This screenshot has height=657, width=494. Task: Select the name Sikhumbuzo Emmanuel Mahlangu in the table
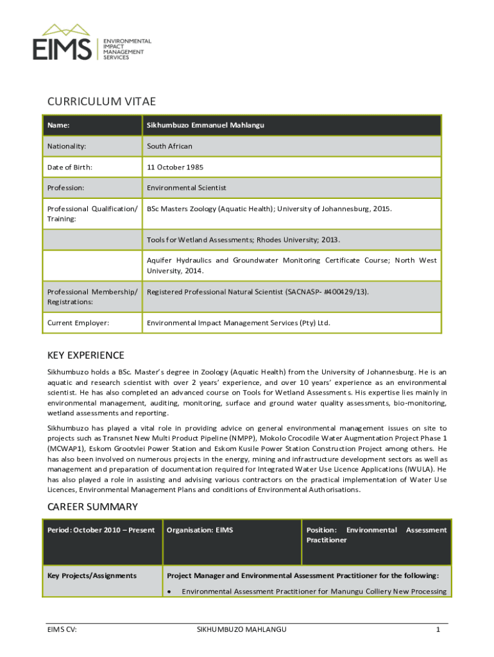pyautogui.click(x=205, y=125)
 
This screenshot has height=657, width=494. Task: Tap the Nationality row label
pyautogui.click(x=67, y=146)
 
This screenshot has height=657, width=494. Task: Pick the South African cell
pyautogui.click(x=169, y=146)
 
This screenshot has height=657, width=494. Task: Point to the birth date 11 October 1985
pyautogui.click(x=175, y=167)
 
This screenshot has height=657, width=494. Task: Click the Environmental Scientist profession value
pyautogui.click(x=187, y=188)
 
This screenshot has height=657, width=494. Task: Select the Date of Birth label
pyautogui.click(x=69, y=167)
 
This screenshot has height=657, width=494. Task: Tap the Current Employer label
pyautogui.click(x=78, y=323)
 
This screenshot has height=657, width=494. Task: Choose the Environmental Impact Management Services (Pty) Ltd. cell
pyautogui.click(x=239, y=323)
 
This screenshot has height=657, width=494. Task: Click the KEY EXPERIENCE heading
pyautogui.click(x=86, y=355)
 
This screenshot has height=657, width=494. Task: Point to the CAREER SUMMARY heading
pyautogui.click(x=92, y=507)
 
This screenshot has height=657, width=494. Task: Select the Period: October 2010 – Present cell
pyautogui.click(x=101, y=530)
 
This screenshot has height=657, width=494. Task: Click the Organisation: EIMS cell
pyautogui.click(x=200, y=530)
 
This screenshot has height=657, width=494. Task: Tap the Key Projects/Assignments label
pyautogui.click(x=92, y=576)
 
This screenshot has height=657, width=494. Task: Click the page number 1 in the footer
pyautogui.click(x=438, y=630)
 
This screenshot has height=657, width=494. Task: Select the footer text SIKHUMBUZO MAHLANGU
pyautogui.click(x=241, y=630)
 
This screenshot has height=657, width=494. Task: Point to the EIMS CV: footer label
pyautogui.click(x=62, y=630)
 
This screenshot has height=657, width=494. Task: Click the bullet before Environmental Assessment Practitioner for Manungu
pyautogui.click(x=169, y=592)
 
